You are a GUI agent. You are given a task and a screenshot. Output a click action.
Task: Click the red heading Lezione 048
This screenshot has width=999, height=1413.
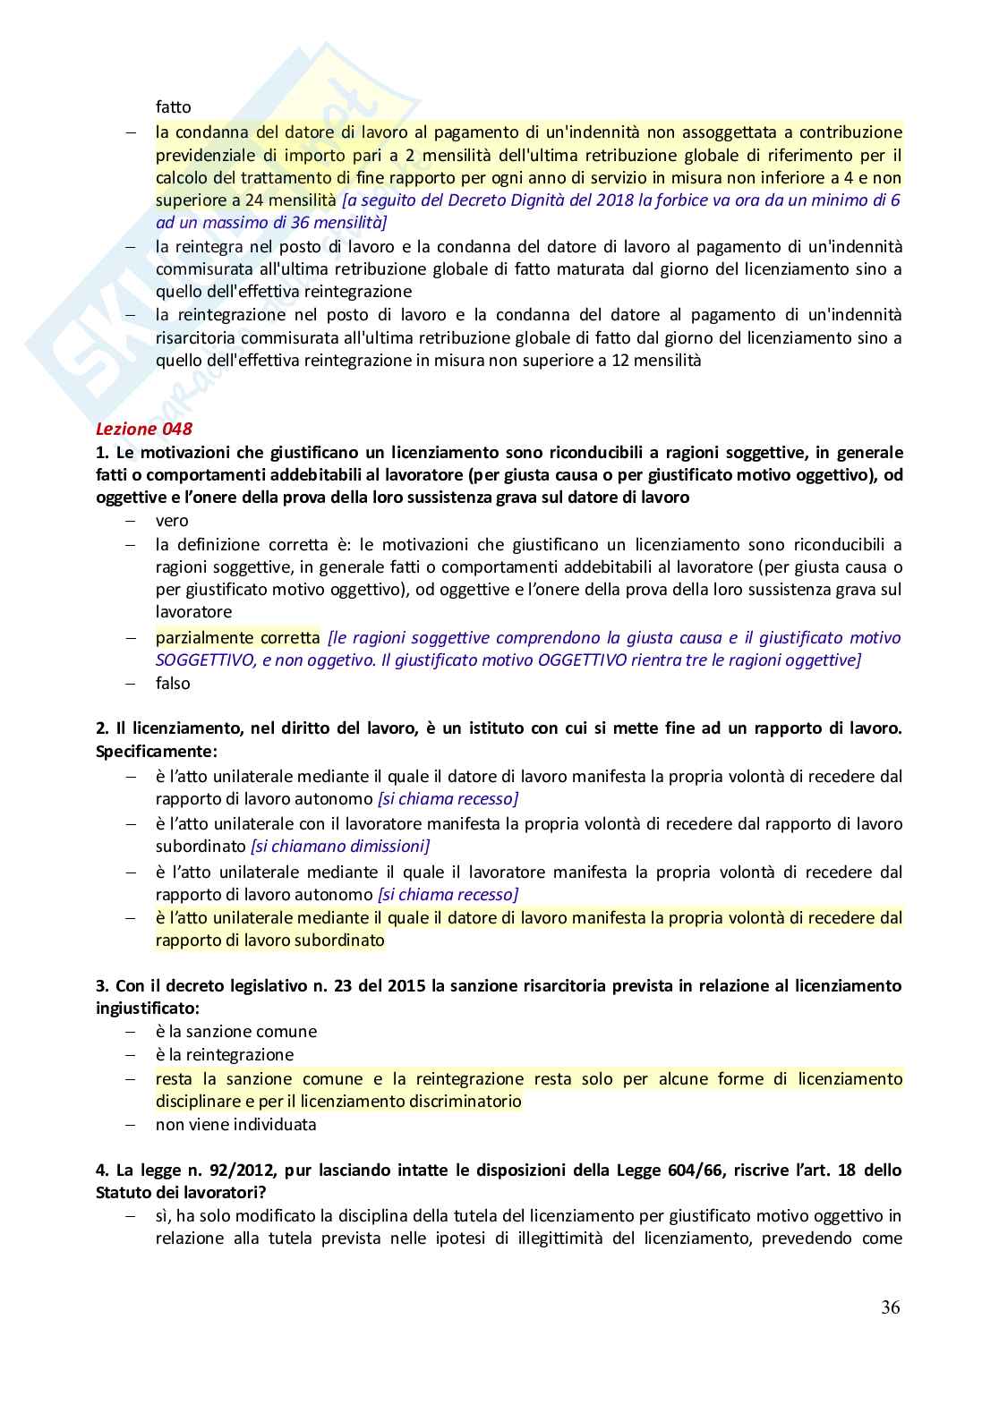[144, 430]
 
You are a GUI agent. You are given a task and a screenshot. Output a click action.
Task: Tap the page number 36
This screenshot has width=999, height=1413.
[890, 1307]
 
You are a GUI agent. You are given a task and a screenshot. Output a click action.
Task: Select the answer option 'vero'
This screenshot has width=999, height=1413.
[172, 521]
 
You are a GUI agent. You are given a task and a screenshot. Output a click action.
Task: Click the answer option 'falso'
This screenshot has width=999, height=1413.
[173, 684]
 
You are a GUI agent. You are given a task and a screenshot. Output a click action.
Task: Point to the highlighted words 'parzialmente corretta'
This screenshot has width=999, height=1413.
[237, 638]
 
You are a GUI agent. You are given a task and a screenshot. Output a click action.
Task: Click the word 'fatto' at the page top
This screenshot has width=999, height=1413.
[173, 107]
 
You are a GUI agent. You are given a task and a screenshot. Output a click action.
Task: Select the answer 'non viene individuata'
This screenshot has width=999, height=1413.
[235, 1125]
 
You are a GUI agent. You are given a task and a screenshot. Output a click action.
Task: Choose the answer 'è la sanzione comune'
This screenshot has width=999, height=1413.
[235, 1032]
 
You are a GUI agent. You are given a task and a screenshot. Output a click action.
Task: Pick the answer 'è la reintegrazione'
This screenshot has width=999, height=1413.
[224, 1055]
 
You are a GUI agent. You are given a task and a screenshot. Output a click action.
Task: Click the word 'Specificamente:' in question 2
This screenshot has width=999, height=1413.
[156, 752]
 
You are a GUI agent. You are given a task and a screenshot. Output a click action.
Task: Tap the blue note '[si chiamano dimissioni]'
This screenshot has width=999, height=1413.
[340, 847]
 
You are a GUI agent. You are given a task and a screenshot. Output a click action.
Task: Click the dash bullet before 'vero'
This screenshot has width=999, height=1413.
[131, 521]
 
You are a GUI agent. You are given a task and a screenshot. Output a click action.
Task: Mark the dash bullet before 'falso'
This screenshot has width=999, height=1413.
[131, 684]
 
